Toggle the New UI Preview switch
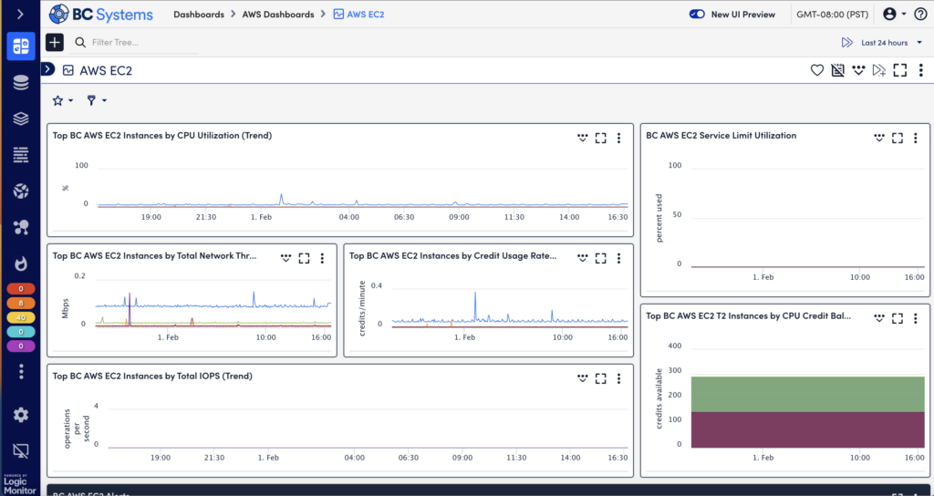[x=698, y=15]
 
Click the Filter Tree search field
[x=137, y=42]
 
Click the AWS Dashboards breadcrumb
[x=277, y=15]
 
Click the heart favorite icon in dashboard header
[x=817, y=70]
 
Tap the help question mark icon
[x=920, y=15]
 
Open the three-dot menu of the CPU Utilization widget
[x=619, y=139]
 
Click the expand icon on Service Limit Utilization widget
[x=898, y=139]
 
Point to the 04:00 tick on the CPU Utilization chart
[x=349, y=217]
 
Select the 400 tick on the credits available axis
[x=674, y=346]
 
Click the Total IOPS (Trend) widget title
[x=152, y=376]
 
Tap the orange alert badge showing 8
[x=21, y=302]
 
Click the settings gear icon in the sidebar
[x=21, y=415]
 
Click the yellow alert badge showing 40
[x=21, y=316]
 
